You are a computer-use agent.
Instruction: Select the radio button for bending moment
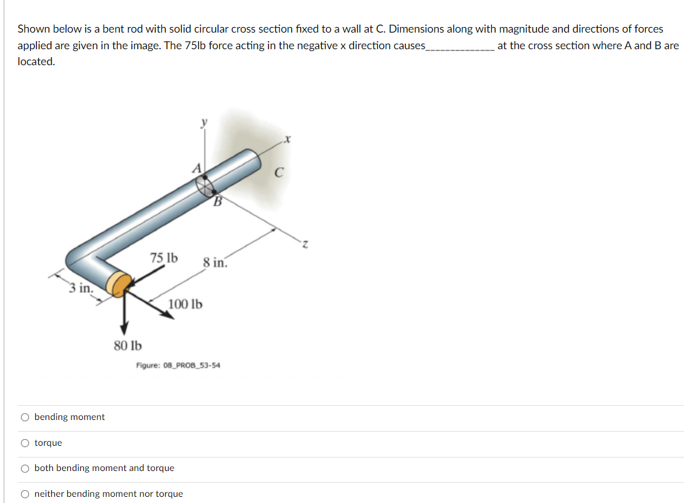(x=25, y=417)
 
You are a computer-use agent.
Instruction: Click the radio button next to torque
(x=25, y=443)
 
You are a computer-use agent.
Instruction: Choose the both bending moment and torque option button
(x=25, y=468)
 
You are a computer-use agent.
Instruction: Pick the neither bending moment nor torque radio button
(x=25, y=494)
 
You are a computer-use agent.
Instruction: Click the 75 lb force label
(x=164, y=258)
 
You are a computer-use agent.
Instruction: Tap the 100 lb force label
(x=185, y=304)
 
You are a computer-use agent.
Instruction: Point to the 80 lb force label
(x=127, y=345)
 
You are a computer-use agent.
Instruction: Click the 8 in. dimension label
(x=215, y=263)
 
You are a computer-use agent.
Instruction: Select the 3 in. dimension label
(x=81, y=287)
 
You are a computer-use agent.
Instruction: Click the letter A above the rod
(x=197, y=167)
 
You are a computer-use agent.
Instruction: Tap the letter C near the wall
(x=278, y=173)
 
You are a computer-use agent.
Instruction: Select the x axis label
(x=287, y=140)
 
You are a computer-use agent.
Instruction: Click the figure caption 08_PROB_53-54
(x=178, y=365)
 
